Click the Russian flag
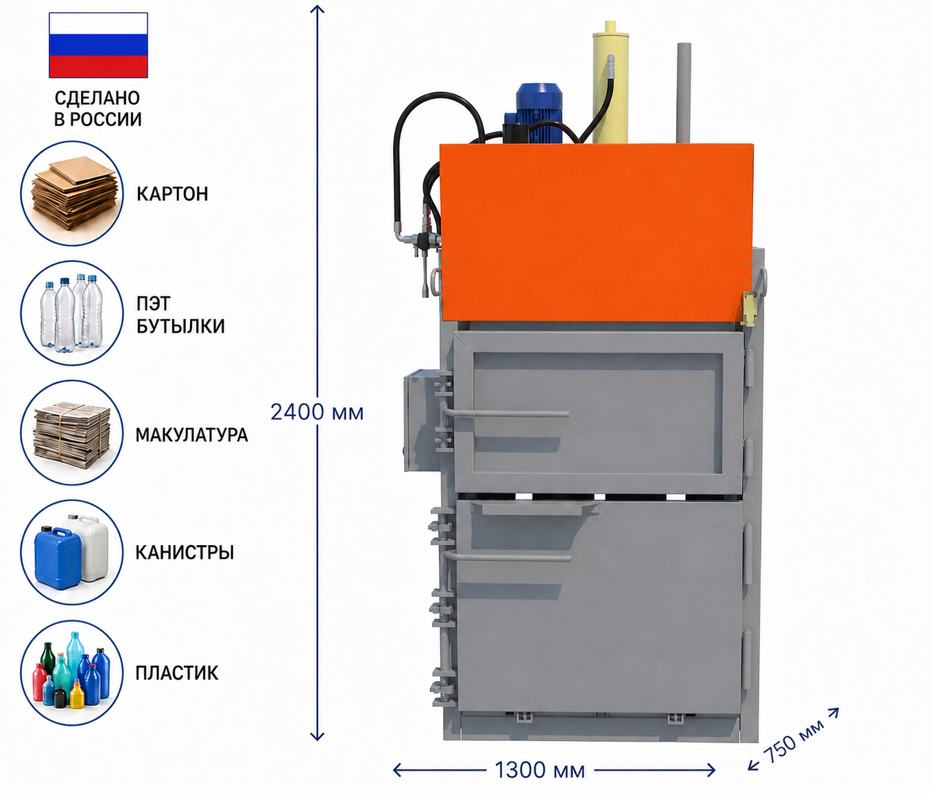click(98, 45)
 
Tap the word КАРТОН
click(172, 194)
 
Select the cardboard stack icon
click(72, 193)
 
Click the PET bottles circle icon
click(72, 313)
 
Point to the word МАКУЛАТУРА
click(191, 435)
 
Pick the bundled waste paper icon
click(72, 433)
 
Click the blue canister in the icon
click(58, 557)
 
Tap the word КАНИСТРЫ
click(185, 553)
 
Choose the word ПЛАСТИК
click(177, 673)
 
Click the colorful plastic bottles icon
click(72, 673)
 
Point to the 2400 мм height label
click(317, 412)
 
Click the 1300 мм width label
click(540, 770)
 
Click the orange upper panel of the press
click(596, 232)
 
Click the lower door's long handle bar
click(507, 557)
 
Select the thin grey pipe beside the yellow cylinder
click(684, 93)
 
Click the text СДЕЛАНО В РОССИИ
click(98, 108)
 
